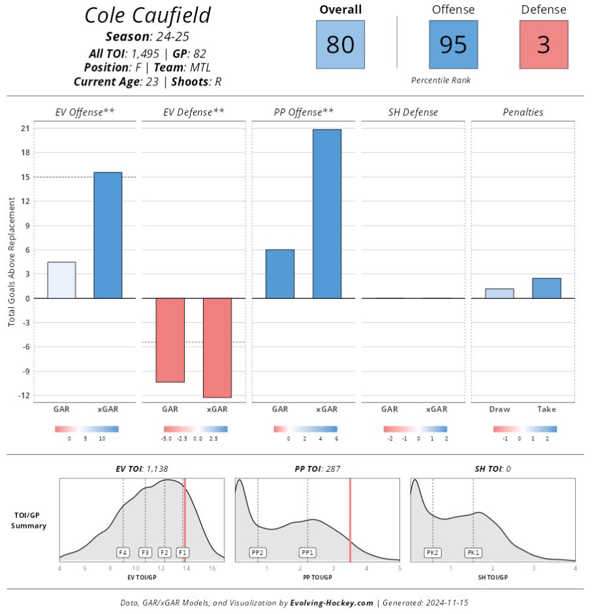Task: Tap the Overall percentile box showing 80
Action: coord(340,44)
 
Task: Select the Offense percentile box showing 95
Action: coord(453,44)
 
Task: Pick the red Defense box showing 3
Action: coord(544,44)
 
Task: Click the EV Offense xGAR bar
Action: coord(108,235)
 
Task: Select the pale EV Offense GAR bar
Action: coord(61,280)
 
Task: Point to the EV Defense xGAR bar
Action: coord(217,348)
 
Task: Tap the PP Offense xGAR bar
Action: coord(326,213)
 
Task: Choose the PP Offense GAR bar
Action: coord(280,274)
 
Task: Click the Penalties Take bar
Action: coord(546,288)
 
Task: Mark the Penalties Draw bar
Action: coord(499,294)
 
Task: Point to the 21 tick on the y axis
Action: coord(25,129)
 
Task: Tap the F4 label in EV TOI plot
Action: coord(123,552)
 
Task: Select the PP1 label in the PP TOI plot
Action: coord(308,552)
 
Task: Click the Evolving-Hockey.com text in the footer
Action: coord(332,603)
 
